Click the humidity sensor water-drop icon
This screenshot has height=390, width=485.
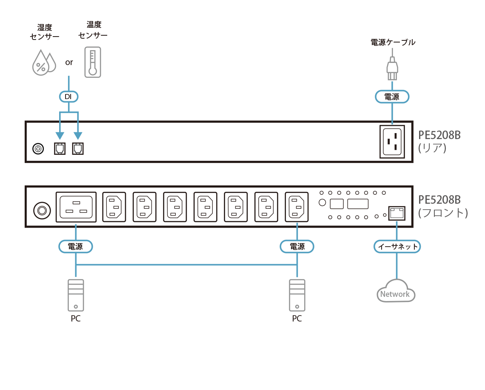coord(44,63)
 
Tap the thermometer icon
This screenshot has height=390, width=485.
coord(93,62)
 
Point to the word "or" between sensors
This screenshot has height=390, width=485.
coord(69,63)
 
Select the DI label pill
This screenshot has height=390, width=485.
coord(68,97)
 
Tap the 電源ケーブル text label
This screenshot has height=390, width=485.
coord(393,43)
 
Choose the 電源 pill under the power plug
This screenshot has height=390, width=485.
coord(392,97)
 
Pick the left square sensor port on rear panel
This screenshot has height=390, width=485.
coord(60,148)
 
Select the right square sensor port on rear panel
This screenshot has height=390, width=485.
coord(77,148)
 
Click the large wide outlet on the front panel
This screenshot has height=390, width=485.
coord(76,206)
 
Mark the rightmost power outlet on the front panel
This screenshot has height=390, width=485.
coord(296,206)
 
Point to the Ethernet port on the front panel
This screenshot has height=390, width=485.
coord(397,212)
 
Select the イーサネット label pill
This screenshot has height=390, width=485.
coord(398,247)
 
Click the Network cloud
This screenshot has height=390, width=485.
coord(396,292)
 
